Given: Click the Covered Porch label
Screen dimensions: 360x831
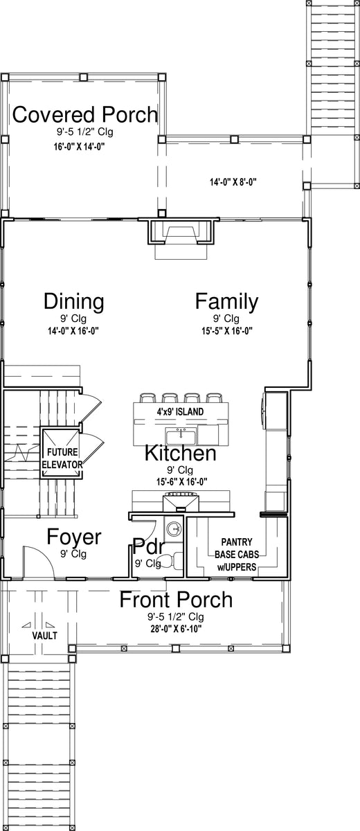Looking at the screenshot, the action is pos(85,114).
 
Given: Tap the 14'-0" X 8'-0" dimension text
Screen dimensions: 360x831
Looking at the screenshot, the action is pos(233,182).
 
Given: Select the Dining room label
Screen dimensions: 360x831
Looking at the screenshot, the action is pos(74,301).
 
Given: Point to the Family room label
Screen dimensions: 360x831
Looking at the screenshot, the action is pos(226,301).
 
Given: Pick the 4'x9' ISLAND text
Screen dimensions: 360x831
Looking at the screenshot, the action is pos(180,411).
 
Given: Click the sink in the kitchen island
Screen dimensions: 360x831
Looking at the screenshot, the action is pos(181,436).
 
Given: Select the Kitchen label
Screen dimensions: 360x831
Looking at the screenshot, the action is pos(180,453).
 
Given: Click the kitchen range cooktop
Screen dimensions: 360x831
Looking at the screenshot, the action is pos(181,500).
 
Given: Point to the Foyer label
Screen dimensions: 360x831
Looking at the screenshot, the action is pos(74,537).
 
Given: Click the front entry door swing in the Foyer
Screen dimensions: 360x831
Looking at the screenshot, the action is pos(39,562).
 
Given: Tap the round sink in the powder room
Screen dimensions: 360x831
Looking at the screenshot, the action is pos(173,528).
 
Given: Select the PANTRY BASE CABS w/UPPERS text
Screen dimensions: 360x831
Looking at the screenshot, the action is pos(237,555).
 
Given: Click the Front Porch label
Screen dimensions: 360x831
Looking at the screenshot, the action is pos(176,600).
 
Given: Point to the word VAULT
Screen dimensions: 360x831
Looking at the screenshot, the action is pos(44,636).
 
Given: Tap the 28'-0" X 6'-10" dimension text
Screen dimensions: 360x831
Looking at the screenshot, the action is pos(176,629).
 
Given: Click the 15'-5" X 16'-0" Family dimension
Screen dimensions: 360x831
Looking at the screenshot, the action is pos(227,331).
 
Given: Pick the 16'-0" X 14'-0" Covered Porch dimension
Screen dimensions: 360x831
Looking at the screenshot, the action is pos(79,147).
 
